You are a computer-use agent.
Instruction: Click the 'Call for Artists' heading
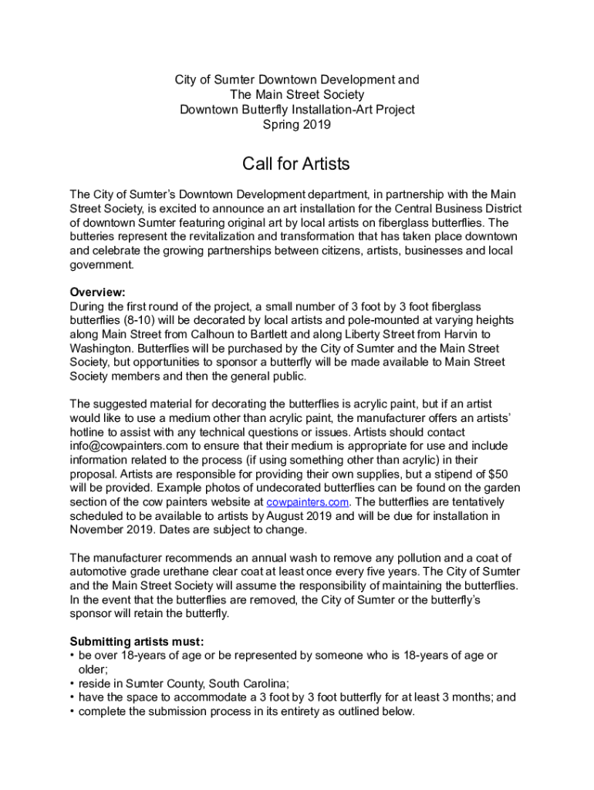click(296, 164)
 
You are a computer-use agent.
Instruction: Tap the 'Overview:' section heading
click(97, 292)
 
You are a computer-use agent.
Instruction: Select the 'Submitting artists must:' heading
click(137, 642)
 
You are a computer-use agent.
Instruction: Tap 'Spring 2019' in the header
click(297, 123)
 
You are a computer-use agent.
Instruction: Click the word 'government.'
click(102, 265)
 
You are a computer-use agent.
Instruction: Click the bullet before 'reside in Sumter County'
click(73, 684)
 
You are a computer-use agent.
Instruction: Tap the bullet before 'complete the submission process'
click(73, 711)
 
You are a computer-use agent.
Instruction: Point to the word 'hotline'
click(88, 431)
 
